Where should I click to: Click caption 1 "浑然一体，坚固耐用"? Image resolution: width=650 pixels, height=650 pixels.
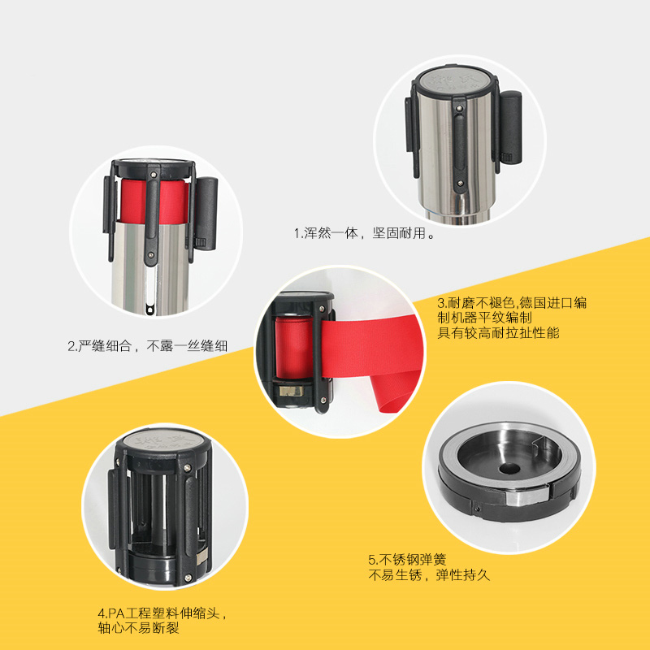point(364,233)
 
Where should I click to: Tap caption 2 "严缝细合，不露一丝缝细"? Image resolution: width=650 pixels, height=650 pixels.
point(148,346)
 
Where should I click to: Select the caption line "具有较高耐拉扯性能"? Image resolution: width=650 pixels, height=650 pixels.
point(498,333)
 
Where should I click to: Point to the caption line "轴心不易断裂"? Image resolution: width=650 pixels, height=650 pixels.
point(138,628)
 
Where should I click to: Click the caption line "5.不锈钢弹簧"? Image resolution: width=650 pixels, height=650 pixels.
point(407,560)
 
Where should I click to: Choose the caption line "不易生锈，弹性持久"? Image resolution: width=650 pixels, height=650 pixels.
point(429,575)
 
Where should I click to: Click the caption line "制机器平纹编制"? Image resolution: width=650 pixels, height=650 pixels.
point(484,318)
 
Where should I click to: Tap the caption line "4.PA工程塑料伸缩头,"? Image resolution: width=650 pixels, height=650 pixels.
point(162,613)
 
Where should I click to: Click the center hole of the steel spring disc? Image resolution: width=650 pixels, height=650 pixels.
point(509,469)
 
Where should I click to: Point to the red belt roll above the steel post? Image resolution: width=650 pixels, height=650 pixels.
point(154,201)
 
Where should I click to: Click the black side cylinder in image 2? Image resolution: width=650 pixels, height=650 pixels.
point(206,214)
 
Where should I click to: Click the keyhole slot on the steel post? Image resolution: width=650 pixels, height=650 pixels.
point(149,309)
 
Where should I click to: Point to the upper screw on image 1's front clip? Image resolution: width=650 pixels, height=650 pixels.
point(459,109)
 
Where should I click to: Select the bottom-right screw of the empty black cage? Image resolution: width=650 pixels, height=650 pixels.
point(188,577)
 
